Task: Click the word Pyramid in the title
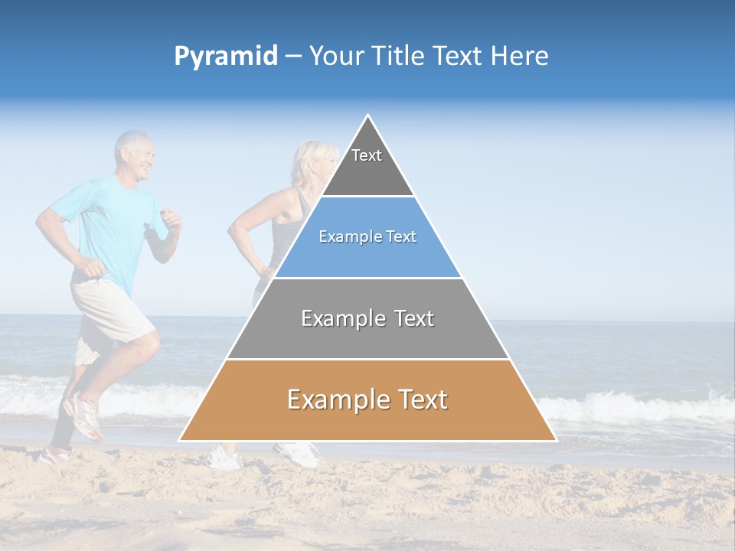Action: coord(225,57)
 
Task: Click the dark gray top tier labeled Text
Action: coord(367,165)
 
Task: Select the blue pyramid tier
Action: coord(367,237)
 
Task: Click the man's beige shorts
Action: coord(111,310)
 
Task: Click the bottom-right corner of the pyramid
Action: coord(555,440)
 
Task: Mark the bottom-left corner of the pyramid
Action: coord(180,440)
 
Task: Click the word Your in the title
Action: coord(334,57)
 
